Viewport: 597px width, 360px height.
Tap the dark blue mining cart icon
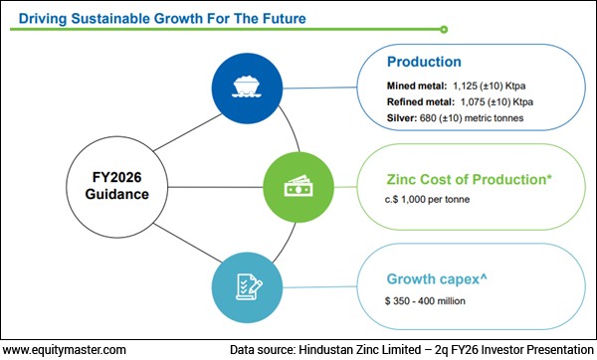pos(244,87)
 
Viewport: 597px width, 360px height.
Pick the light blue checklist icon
pos(244,285)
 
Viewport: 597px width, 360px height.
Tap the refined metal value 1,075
pos(491,102)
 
